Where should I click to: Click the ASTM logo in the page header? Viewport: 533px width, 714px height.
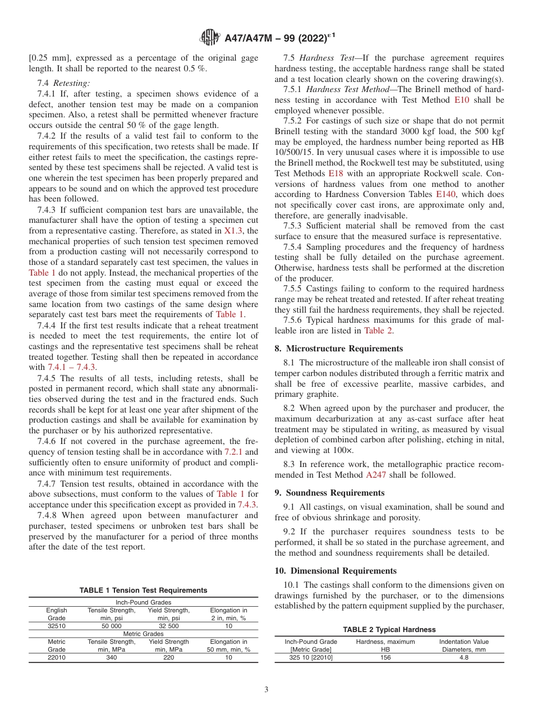(x=210, y=38)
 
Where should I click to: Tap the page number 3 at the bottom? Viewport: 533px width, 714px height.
(x=266, y=689)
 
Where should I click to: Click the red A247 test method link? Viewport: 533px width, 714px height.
(x=376, y=475)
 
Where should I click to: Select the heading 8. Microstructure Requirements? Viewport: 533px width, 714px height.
(x=338, y=349)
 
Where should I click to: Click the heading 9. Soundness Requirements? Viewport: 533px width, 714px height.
(x=329, y=493)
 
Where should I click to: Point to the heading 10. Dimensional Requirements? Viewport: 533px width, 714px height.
(x=336, y=571)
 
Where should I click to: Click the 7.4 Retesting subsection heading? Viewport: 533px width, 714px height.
(x=63, y=83)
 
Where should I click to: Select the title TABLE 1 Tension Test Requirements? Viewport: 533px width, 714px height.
(x=143, y=591)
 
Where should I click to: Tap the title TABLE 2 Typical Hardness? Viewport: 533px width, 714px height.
(x=389, y=630)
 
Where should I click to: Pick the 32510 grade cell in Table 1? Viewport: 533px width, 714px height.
(x=57, y=625)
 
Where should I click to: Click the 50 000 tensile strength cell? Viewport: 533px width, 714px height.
(x=112, y=625)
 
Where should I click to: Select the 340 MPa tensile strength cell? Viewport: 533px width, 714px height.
(x=112, y=657)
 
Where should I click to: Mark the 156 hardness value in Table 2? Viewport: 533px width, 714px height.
(x=385, y=657)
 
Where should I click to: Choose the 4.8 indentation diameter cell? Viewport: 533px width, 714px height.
(x=464, y=657)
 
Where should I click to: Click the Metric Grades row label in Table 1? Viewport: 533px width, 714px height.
(x=143, y=633)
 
